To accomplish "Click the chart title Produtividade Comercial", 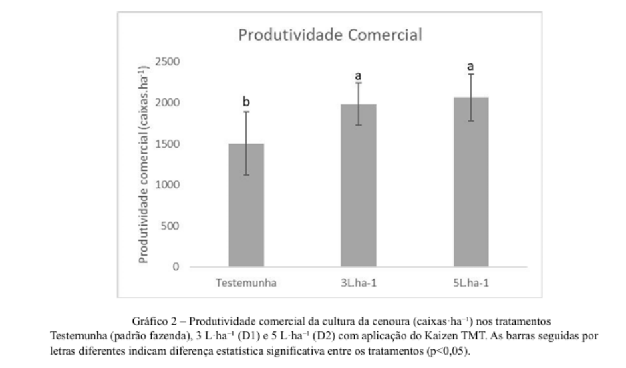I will pos(330,35).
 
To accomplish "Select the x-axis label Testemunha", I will pos(246,282).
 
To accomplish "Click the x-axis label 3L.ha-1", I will pos(358,282).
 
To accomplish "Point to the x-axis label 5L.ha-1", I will pos(470,282).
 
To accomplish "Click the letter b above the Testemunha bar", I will pos(246,102).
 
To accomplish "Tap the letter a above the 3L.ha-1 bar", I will pos(358,77).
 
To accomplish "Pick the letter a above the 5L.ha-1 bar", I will pos(470,66).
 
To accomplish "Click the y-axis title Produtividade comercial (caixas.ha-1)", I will pos(144,164).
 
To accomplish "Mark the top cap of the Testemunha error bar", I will pos(246,112).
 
